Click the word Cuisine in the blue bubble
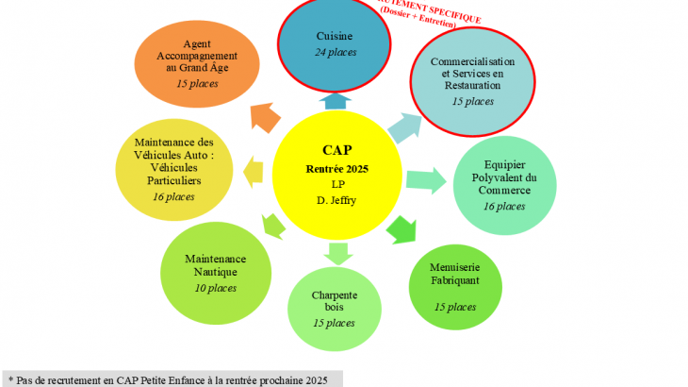coord(336,35)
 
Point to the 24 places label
coord(336,52)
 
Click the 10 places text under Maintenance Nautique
coord(215,288)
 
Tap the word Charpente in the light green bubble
coord(334,294)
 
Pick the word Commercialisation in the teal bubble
coord(472,61)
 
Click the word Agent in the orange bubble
coord(197,42)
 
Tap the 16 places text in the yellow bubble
coord(172,196)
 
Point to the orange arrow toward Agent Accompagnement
coord(267,117)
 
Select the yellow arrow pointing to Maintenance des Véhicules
coord(252,171)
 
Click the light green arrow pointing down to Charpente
coord(336,252)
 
